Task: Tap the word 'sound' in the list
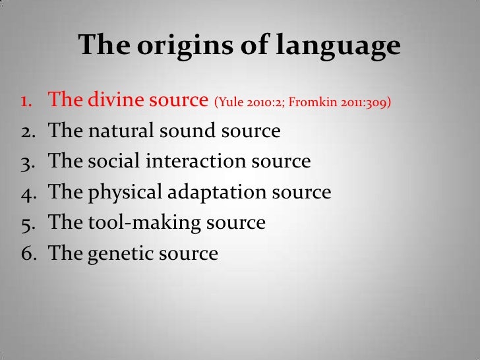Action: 186,131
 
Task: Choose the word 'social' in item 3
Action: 110,162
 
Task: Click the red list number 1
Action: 27,102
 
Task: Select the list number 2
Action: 27,132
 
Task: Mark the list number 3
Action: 27,162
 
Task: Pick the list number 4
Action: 27,193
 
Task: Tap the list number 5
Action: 27,223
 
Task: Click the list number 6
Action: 27,253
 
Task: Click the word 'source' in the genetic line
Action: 186,253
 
